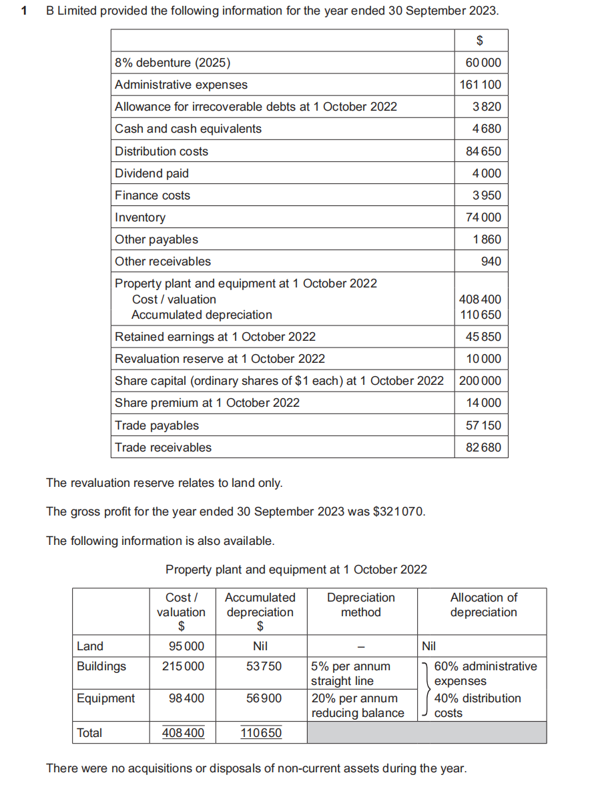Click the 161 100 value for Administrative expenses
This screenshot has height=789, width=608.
click(481, 85)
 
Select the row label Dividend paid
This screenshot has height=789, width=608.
click(151, 173)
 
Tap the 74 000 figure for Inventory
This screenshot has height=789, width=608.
click(484, 217)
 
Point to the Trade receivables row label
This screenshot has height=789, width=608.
click(163, 448)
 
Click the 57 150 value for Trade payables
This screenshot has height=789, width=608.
click(483, 426)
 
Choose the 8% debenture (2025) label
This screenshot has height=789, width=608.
click(172, 63)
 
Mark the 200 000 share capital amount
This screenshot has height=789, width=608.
click(481, 381)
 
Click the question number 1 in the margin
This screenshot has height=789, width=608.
click(25, 11)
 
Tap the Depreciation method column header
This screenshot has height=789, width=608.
click(361, 605)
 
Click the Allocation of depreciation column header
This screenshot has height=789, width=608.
click(483, 605)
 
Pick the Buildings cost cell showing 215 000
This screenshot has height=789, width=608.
click(184, 666)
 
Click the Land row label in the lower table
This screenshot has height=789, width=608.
click(90, 646)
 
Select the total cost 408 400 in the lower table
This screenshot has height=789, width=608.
click(184, 733)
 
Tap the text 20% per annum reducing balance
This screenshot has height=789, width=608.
click(357, 706)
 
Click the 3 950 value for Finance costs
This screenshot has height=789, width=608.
click(486, 195)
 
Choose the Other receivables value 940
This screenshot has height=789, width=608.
click(491, 261)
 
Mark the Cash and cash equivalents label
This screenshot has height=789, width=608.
click(188, 129)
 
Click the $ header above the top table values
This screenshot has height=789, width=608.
click(479, 41)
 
